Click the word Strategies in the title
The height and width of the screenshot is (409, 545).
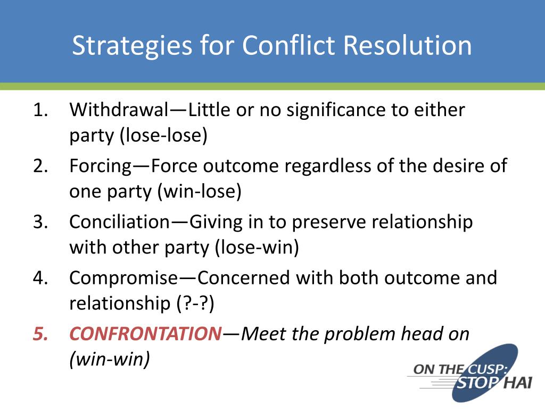click(x=132, y=46)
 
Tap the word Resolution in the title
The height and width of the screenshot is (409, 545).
click(x=407, y=45)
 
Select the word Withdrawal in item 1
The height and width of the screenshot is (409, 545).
click(x=119, y=110)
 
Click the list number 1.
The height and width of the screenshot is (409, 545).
click(x=40, y=110)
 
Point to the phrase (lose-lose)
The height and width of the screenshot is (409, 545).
click(x=163, y=135)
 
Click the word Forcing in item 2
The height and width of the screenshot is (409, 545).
click(x=101, y=167)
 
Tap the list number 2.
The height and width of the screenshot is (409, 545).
click(x=40, y=166)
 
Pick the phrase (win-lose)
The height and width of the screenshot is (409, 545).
click(x=199, y=191)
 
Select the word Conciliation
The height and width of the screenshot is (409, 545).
click(x=120, y=222)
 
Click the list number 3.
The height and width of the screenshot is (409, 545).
click(x=40, y=222)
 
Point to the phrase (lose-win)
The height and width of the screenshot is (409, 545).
click(x=257, y=247)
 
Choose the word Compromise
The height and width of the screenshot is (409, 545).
click(x=123, y=279)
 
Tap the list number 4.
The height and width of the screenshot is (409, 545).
click(x=40, y=278)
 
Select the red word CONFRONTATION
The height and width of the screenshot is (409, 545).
click(x=146, y=333)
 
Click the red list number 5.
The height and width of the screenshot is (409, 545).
click(x=40, y=334)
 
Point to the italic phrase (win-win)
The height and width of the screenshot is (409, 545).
click(x=110, y=359)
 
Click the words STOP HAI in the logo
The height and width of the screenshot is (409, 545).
click(x=493, y=383)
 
